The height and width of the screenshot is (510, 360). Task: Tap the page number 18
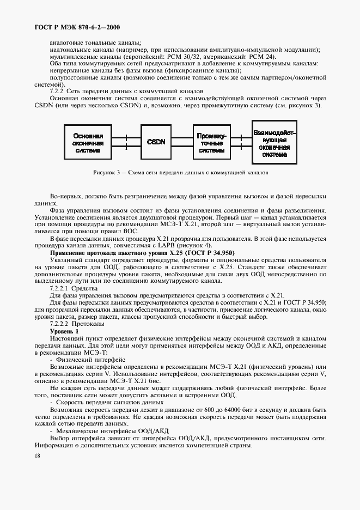(x=36, y=456)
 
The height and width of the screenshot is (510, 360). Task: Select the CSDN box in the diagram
(x=156, y=142)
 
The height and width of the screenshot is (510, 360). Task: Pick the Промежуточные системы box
(x=211, y=142)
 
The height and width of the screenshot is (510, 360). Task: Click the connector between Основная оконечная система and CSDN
(x=126, y=142)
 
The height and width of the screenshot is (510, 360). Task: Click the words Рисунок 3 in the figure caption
(x=106, y=173)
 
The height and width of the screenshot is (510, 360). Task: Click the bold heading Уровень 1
(x=64, y=331)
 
